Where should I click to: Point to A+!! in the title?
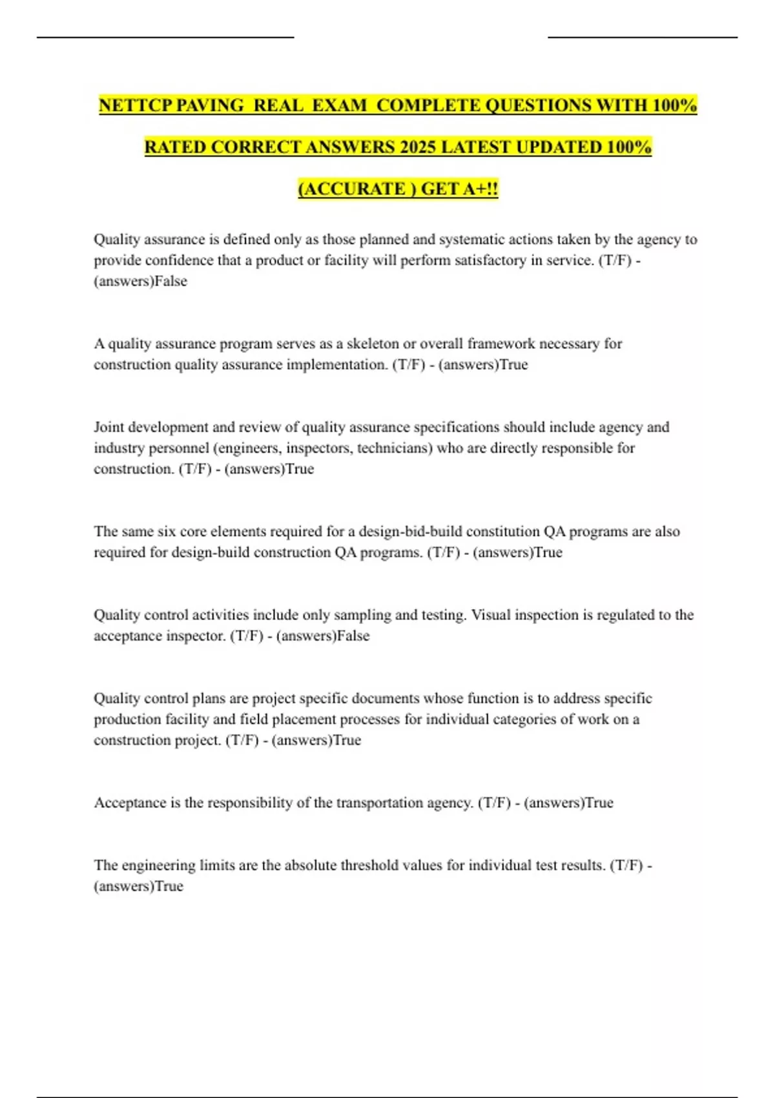(481, 189)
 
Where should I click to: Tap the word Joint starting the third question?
(108, 427)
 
